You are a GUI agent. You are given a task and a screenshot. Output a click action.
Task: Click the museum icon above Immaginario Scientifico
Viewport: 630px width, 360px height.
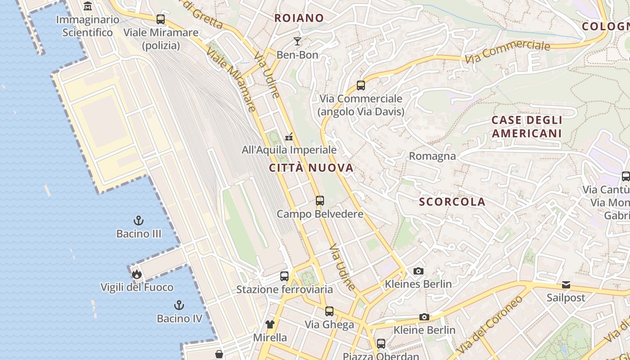88,6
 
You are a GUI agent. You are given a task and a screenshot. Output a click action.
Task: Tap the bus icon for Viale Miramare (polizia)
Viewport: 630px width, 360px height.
161,19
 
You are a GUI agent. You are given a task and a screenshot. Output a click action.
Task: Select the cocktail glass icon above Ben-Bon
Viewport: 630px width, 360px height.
297,41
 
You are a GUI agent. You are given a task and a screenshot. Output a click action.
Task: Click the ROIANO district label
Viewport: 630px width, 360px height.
299,18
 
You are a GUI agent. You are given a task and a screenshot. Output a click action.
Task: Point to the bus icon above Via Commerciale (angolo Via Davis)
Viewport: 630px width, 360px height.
360,85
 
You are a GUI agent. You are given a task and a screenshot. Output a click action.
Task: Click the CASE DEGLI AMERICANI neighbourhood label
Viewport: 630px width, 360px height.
526,127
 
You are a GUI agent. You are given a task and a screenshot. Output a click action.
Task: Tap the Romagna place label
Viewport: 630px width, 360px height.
432,156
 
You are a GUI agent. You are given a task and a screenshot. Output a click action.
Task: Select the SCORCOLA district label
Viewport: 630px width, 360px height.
452,202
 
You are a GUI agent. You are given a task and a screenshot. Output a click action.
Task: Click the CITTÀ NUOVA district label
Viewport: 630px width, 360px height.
311,168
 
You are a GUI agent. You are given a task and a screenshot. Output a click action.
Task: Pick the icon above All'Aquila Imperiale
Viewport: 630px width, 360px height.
289,136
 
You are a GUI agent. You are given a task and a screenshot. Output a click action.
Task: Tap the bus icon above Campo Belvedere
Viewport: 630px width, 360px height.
320,200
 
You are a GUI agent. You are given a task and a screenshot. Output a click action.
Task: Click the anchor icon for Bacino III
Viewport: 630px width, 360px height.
139,220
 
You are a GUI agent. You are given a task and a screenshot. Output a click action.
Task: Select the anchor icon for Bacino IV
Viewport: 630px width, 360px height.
179,305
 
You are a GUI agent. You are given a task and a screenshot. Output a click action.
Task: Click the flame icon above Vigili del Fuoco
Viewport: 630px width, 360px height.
137,274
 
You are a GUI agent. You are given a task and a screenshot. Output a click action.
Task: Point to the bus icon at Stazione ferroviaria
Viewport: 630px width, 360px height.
284,276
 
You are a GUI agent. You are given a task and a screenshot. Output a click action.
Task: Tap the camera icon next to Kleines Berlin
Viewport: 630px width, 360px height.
418,271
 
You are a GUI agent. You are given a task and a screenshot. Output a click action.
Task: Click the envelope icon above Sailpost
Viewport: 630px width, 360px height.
566,285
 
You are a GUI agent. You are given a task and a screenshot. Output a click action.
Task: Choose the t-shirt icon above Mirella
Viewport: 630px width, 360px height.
270,324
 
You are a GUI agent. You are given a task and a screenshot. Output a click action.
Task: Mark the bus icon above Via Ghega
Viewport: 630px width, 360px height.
329,311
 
